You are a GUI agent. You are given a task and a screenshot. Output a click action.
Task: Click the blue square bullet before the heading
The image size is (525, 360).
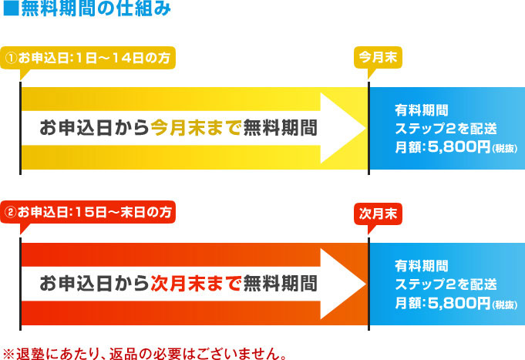tap(10, 10)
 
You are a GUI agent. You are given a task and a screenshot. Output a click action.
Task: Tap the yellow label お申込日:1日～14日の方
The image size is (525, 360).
tap(89, 58)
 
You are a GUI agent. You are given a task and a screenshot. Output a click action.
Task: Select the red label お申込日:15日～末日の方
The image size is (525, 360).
tap(89, 210)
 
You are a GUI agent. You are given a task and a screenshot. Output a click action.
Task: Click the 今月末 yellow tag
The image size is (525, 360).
tap(378, 58)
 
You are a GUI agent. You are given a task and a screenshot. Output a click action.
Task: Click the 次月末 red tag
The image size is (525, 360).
tap(378, 213)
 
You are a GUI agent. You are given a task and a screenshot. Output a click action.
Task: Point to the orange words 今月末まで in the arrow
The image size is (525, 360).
tap(196, 127)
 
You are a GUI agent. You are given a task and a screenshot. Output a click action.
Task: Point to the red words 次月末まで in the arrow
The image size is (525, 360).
tap(196, 282)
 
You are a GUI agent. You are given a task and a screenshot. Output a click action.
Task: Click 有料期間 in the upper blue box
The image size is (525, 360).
tap(420, 109)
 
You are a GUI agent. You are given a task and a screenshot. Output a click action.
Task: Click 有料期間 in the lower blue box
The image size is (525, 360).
tap(420, 266)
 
